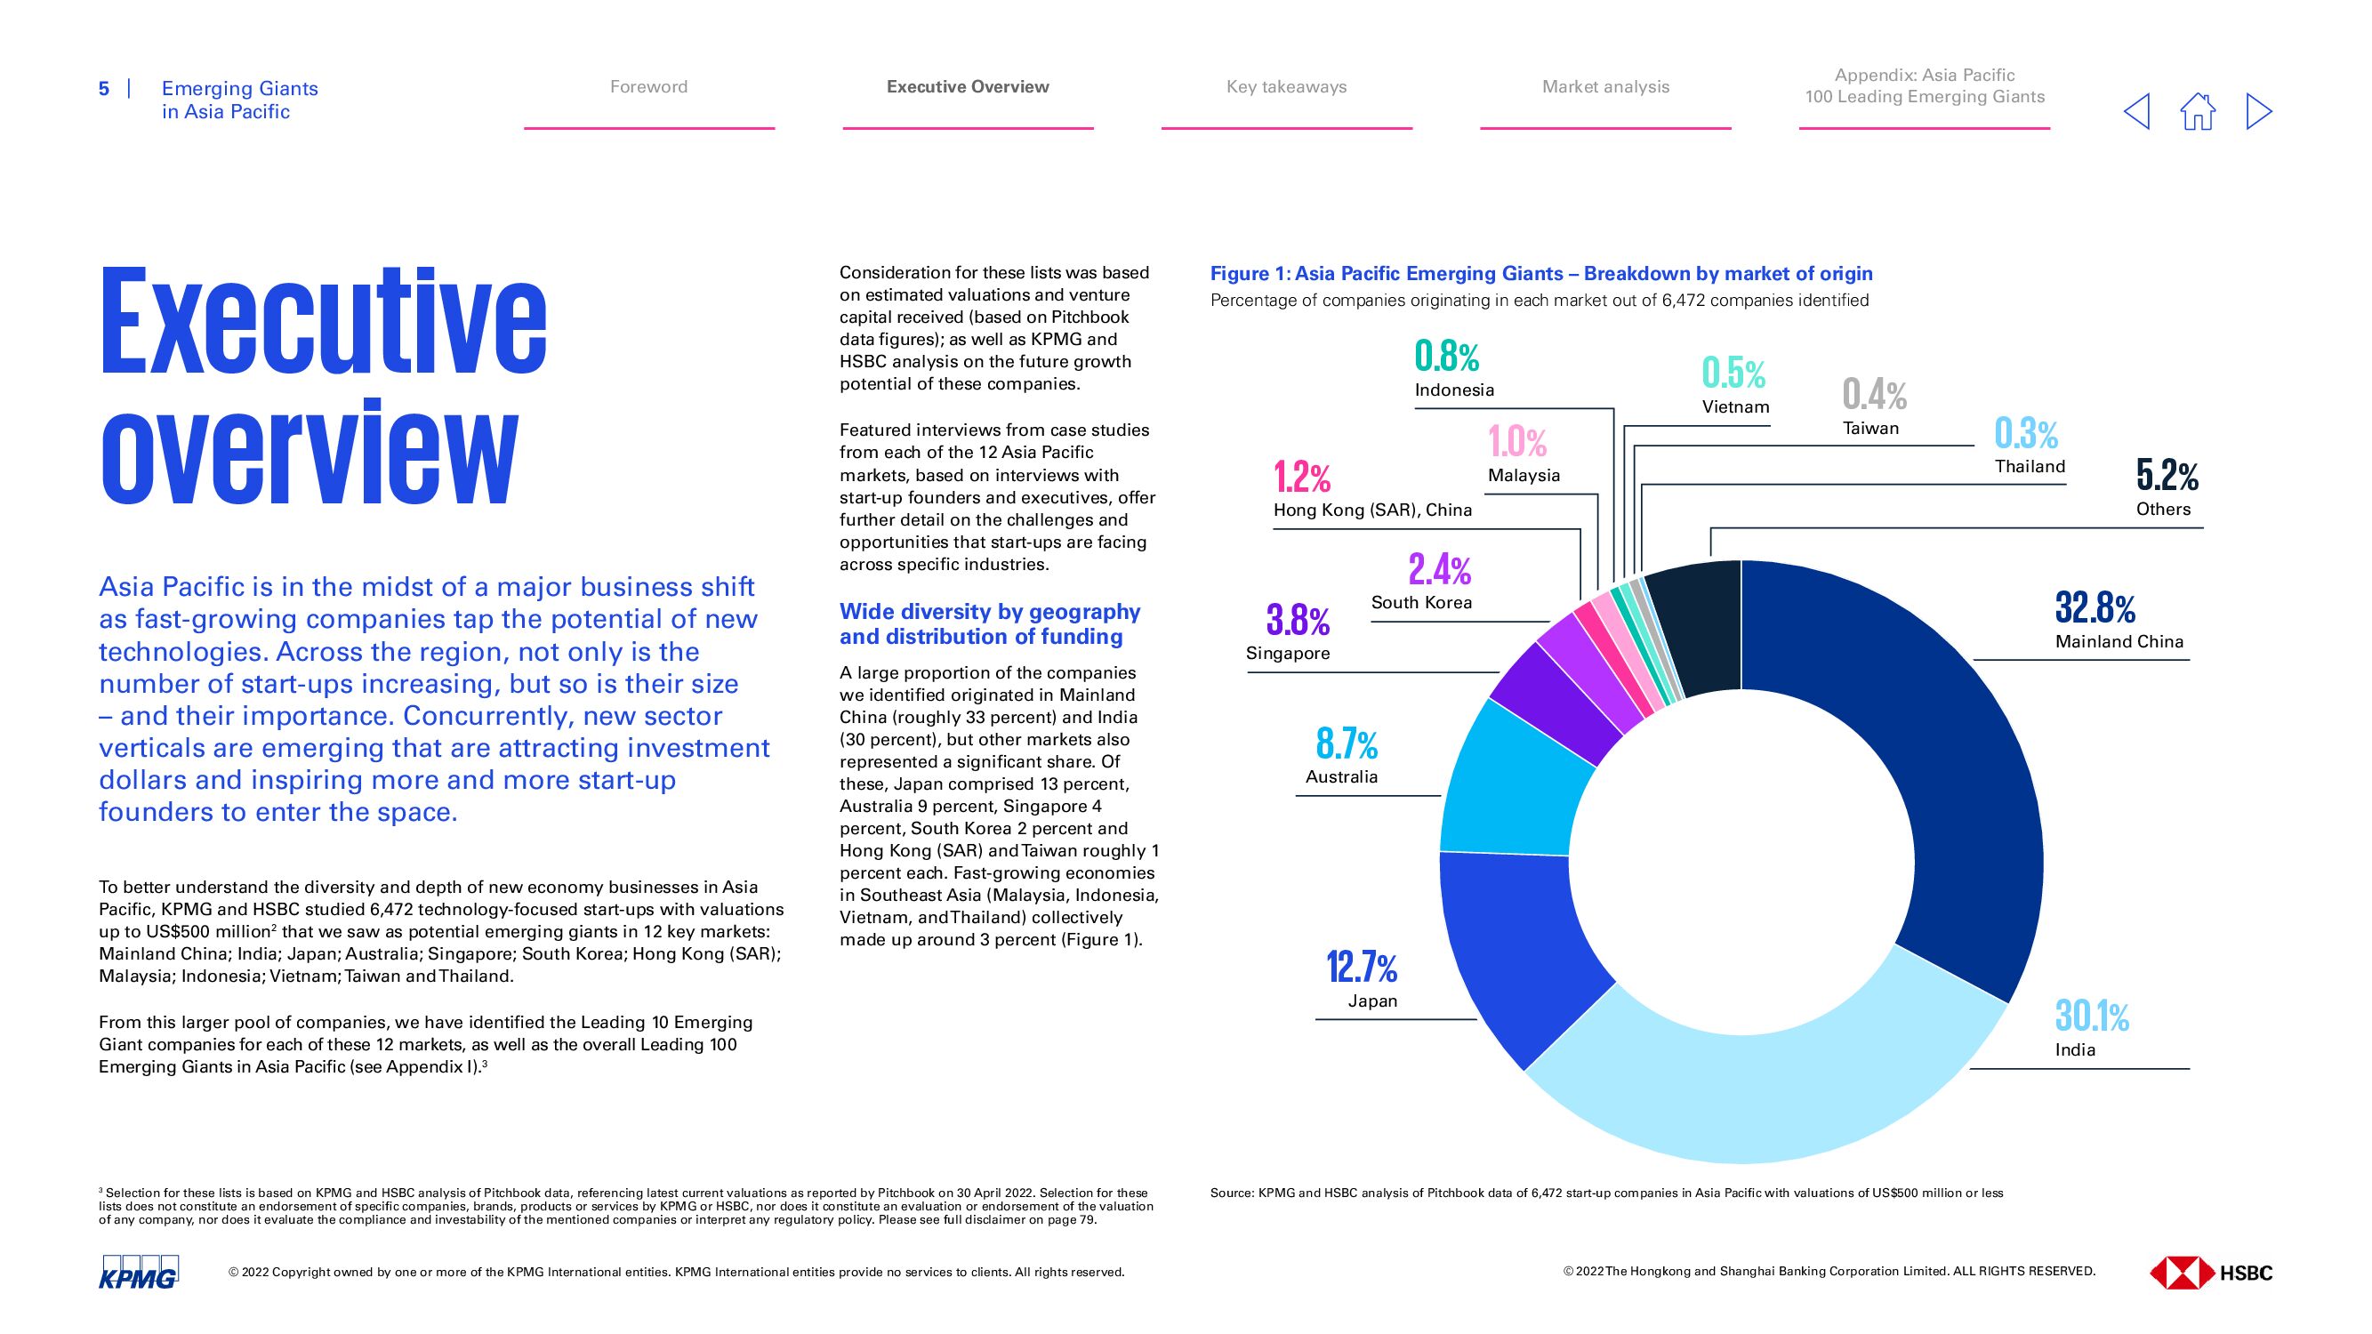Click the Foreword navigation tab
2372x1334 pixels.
pyautogui.click(x=648, y=86)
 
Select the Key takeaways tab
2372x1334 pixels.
pyautogui.click(x=1285, y=86)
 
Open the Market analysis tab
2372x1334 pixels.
pyautogui.click(x=1605, y=86)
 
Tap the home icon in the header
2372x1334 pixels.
pyautogui.click(x=2197, y=112)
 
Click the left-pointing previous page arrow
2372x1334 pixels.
pyautogui.click(x=2136, y=112)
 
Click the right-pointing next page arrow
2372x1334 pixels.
pyautogui.click(x=2259, y=112)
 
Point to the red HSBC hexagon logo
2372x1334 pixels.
pyautogui.click(x=2181, y=1273)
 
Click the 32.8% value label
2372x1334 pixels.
pyautogui.click(x=2095, y=608)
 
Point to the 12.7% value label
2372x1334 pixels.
pyautogui.click(x=1361, y=968)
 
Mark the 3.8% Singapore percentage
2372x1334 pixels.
pyautogui.click(x=1298, y=620)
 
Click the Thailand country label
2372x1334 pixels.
pyautogui.click(x=2030, y=466)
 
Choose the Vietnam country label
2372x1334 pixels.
pyautogui.click(x=1735, y=407)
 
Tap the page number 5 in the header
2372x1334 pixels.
pyautogui.click(x=104, y=88)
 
